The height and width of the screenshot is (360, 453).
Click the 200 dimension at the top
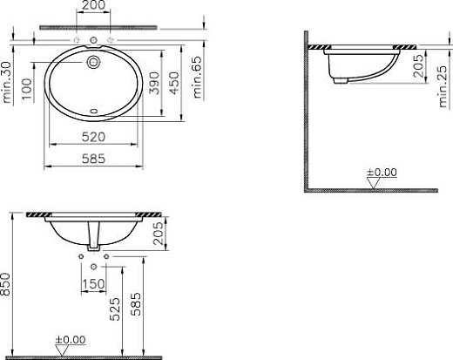[93, 5]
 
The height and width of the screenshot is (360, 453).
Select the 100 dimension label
[27, 89]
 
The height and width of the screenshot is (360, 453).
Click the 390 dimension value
[154, 83]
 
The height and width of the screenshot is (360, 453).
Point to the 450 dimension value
[174, 83]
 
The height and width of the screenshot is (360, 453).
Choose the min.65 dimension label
[197, 77]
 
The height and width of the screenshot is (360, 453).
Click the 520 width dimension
[93, 137]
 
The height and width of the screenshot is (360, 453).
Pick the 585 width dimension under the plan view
[93, 159]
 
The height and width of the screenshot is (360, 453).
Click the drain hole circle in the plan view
[93, 62]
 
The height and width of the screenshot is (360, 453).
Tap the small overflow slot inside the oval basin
[94, 111]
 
